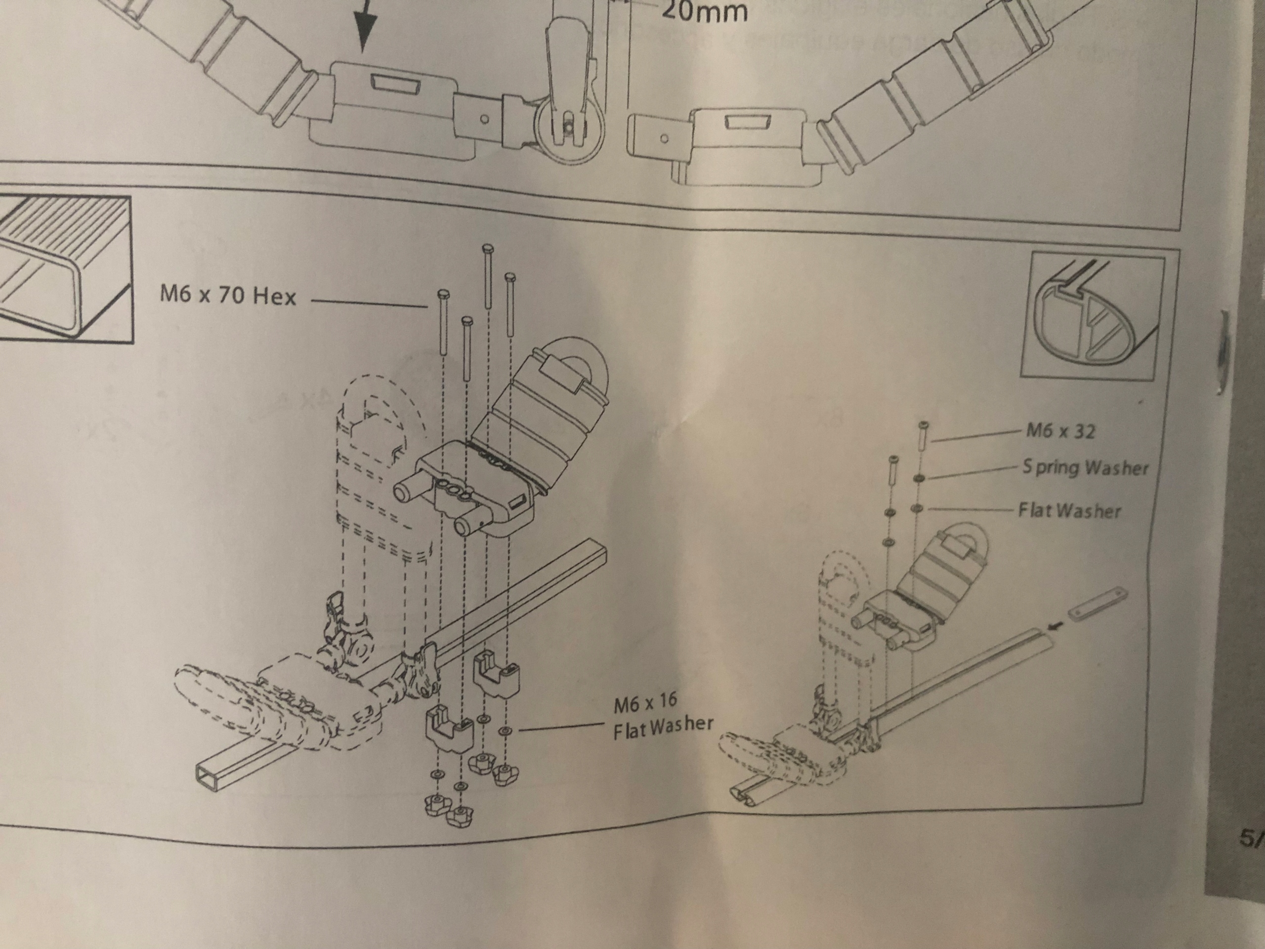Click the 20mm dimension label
(705, 11)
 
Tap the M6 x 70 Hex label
(228, 296)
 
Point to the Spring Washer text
(1085, 468)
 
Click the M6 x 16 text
(645, 703)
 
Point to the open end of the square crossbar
(207, 775)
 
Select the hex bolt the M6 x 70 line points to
(443, 295)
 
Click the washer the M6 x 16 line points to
(505, 731)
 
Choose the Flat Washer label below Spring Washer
(1069, 510)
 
